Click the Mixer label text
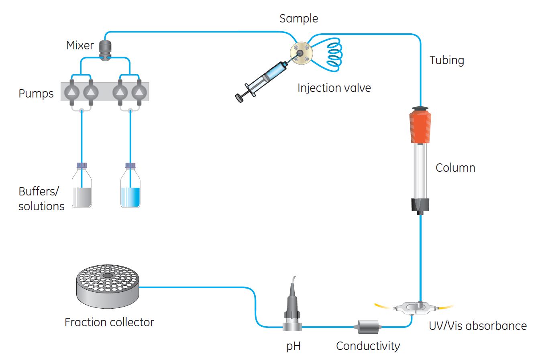80,45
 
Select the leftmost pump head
71,92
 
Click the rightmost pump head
139,92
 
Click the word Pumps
36,94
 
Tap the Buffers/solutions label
41,199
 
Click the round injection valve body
301,53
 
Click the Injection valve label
334,88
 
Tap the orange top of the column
420,126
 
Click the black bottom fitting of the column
420,205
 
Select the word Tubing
446,60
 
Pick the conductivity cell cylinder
367,327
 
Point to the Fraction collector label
109,322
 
